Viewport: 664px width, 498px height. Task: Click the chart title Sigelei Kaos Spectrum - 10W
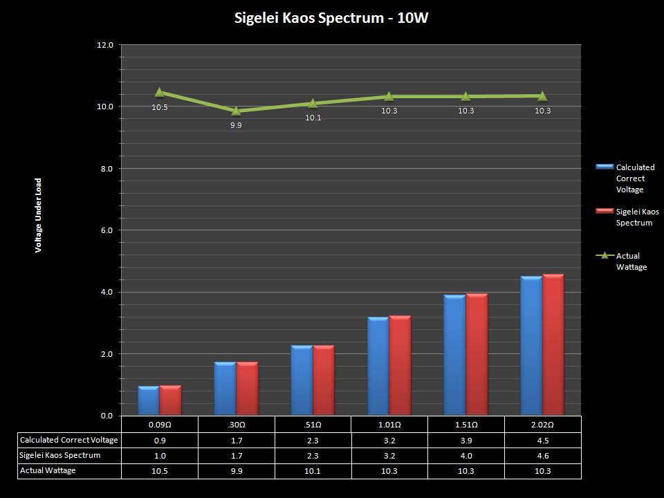[331, 18]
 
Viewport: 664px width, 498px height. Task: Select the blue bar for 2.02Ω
[531, 346]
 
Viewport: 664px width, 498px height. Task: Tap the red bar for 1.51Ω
[477, 354]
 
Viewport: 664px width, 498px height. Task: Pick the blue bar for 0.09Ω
[149, 401]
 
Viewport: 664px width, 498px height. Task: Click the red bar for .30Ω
[247, 389]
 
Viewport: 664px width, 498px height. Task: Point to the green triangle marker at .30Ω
[236, 110]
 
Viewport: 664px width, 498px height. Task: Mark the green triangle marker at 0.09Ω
[159, 92]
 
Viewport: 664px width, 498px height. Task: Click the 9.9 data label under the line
[236, 125]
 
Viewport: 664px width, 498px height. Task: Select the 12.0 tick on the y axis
[105, 45]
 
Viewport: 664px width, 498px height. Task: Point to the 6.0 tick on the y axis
[105, 230]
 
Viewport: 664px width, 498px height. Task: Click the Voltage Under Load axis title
[39, 215]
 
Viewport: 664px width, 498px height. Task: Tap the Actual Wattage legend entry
[631, 261]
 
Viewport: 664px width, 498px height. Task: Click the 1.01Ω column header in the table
[389, 424]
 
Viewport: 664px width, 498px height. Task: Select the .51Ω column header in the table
[313, 424]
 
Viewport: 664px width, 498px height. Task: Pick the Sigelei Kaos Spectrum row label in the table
[60, 455]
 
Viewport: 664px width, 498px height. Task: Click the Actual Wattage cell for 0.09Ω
[159, 470]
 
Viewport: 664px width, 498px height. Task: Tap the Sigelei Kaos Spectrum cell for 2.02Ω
[542, 455]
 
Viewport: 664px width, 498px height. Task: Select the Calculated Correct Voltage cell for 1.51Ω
[465, 440]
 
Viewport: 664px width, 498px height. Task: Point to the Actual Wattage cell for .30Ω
[236, 470]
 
